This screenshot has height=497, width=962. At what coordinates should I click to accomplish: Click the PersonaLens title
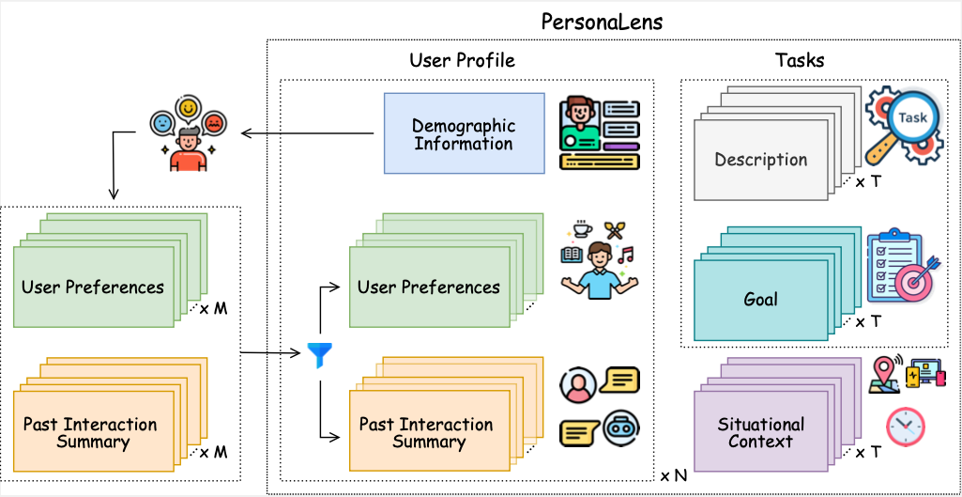click(602, 22)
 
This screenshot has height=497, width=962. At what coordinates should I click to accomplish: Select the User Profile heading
click(462, 60)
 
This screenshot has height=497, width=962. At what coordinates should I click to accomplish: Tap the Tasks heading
click(799, 60)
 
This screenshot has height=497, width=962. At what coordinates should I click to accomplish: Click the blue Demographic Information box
click(464, 134)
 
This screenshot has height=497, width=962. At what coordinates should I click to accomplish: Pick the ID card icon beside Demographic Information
click(599, 133)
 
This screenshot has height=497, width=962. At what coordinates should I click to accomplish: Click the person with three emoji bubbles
click(188, 135)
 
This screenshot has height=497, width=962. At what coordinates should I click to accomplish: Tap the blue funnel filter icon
click(319, 355)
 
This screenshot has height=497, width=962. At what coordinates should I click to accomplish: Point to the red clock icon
click(905, 426)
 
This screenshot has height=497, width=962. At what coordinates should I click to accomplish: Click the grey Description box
click(760, 160)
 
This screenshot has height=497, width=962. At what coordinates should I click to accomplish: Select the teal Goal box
click(760, 300)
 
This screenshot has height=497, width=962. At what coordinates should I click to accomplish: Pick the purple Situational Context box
click(760, 432)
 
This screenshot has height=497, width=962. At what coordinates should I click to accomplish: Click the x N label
click(673, 475)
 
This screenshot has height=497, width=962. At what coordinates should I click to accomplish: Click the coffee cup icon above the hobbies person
click(582, 229)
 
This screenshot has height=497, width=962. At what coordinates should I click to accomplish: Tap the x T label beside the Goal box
click(867, 321)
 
